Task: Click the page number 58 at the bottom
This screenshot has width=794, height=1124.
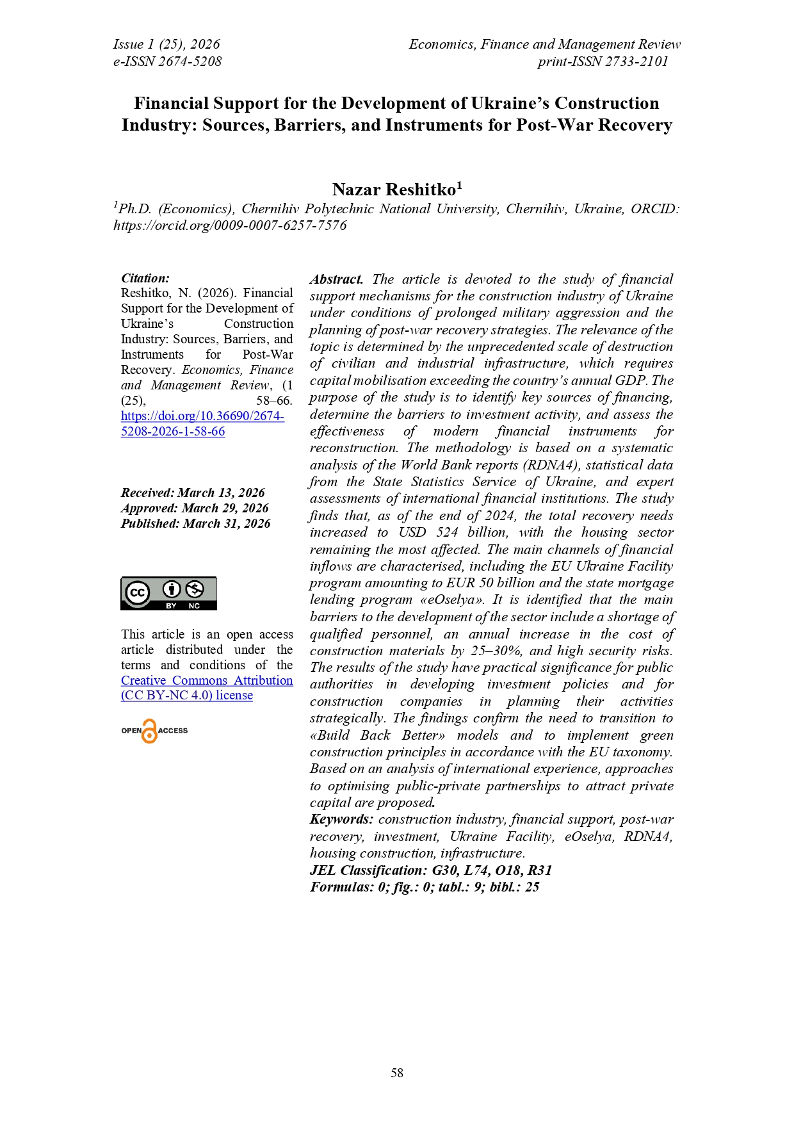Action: click(397, 1073)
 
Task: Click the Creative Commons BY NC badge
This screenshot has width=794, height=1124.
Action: click(169, 593)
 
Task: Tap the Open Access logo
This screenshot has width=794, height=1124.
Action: click(154, 731)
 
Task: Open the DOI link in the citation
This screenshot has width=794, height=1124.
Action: click(202, 423)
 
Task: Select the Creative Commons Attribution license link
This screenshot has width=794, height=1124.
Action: click(206, 688)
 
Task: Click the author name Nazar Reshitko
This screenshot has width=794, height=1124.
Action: click(394, 190)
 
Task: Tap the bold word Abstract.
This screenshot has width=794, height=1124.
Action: click(337, 279)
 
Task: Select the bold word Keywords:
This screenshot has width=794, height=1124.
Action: click(341, 819)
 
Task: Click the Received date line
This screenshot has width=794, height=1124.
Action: click(193, 493)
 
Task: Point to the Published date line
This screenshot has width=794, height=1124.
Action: click(195, 523)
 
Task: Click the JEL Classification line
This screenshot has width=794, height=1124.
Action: click(430, 870)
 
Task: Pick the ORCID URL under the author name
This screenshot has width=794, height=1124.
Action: click(230, 225)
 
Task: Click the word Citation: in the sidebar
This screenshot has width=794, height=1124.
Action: click(145, 278)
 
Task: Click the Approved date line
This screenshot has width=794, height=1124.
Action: click(195, 508)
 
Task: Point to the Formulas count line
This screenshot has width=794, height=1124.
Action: click(424, 887)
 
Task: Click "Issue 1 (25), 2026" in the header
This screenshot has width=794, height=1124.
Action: click(166, 44)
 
